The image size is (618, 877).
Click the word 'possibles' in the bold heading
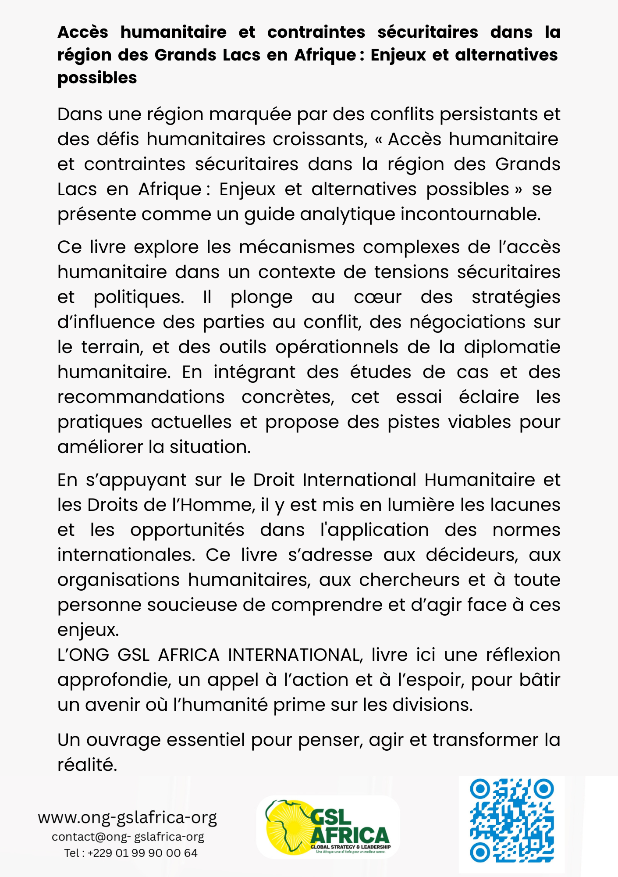[x=97, y=78]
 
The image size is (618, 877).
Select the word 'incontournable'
[x=470, y=214]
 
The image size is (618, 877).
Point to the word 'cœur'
[x=377, y=297]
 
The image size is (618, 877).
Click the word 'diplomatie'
[x=512, y=347]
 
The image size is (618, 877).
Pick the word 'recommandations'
[x=141, y=397]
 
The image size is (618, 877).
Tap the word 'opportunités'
[x=187, y=530]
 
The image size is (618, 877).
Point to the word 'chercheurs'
[x=409, y=580]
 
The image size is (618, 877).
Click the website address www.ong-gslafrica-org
[x=127, y=818]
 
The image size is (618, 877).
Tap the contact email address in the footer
[x=128, y=837]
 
